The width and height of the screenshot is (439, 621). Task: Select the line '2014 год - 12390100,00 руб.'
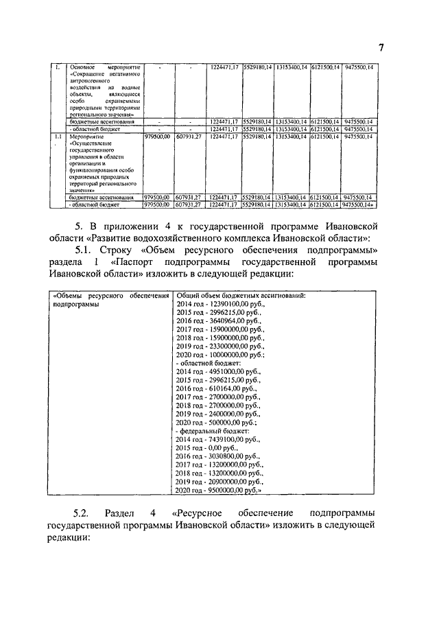click(x=219, y=303)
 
